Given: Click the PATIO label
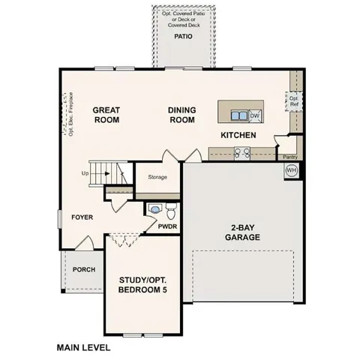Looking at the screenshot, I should (183, 36).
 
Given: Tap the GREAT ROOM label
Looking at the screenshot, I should (106, 115).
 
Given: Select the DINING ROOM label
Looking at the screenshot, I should (181, 115).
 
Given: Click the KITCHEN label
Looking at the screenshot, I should (238, 135).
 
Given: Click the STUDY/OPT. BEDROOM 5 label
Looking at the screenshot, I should (142, 285).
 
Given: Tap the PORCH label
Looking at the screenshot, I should (83, 269).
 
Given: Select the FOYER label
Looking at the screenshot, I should (82, 217).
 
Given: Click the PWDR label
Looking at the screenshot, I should (166, 225).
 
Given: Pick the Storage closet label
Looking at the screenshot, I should (157, 177).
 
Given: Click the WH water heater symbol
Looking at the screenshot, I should (291, 171).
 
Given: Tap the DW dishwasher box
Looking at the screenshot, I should (254, 115).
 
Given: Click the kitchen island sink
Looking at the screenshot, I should (239, 115).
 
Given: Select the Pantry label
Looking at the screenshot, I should (290, 157).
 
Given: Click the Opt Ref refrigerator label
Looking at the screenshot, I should (293, 101).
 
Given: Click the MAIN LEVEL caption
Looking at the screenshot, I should (83, 348).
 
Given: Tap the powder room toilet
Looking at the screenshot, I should (170, 206).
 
